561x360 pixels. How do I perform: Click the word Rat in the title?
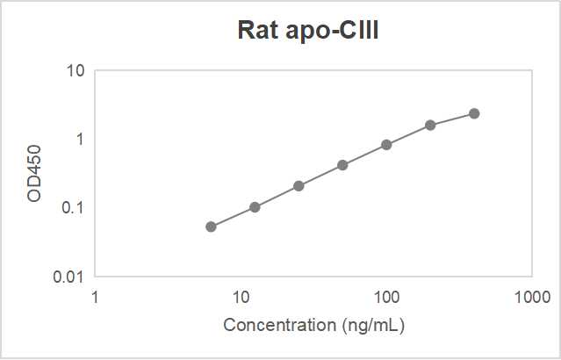point(255,30)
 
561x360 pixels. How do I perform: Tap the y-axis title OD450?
point(34,174)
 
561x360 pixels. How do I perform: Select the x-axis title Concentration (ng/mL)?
point(313,325)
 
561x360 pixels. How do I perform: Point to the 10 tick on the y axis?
point(76,70)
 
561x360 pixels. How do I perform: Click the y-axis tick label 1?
point(79,139)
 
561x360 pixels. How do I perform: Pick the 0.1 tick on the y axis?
point(73,208)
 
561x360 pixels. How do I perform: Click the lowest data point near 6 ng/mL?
point(211,227)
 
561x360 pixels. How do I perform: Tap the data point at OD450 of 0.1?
point(255,207)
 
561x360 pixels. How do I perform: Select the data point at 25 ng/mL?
point(298,185)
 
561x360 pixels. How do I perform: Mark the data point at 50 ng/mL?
point(342,165)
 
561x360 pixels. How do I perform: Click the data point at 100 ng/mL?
point(386,144)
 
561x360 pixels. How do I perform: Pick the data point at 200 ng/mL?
point(430,125)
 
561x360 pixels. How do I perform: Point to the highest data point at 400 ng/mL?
point(474,113)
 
